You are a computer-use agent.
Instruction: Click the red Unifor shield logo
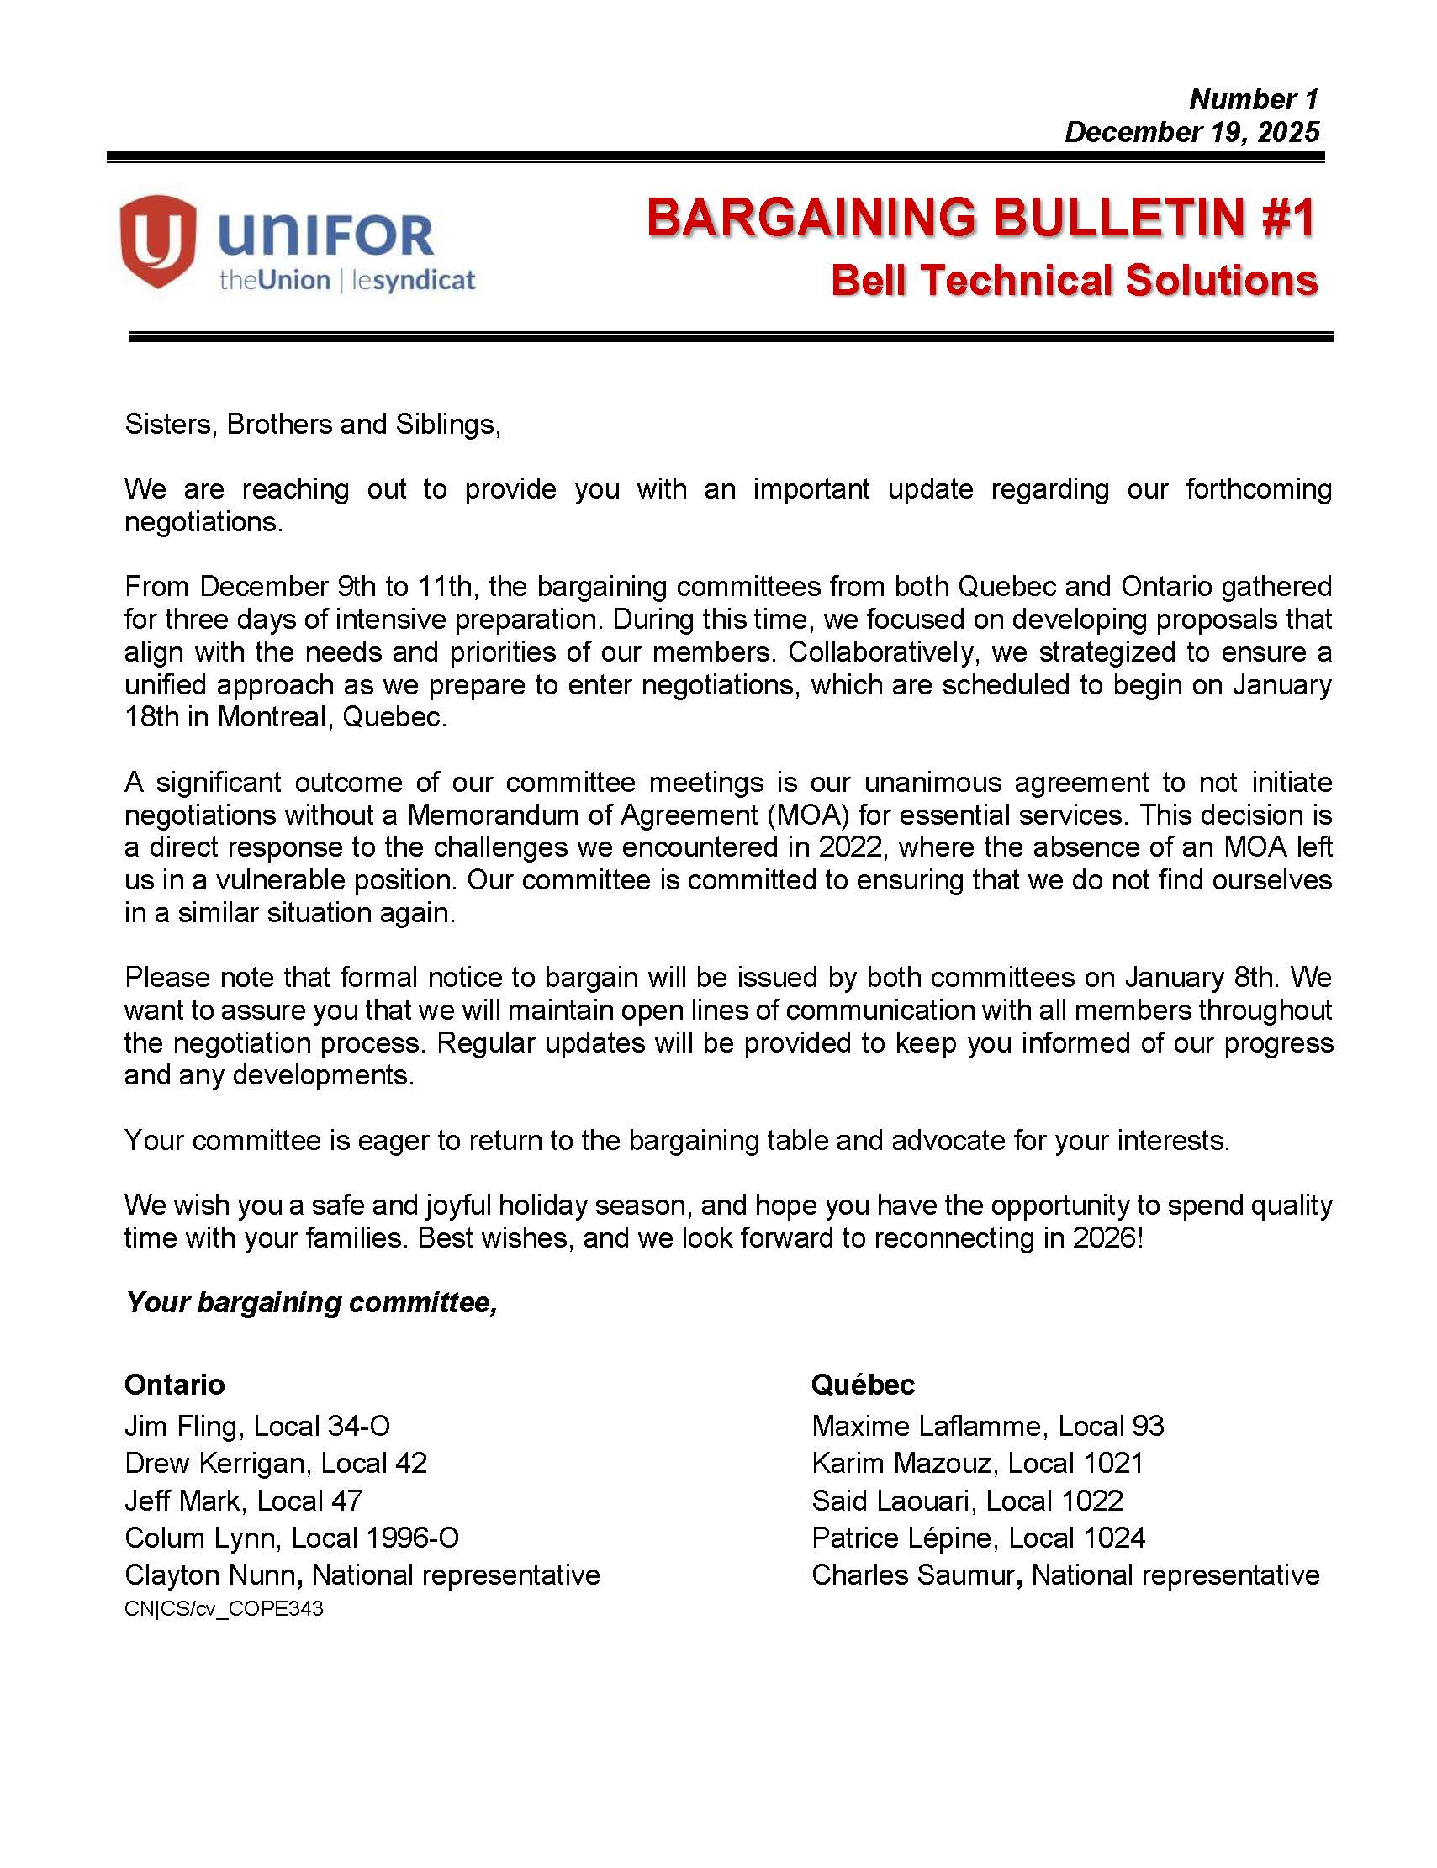click(158, 240)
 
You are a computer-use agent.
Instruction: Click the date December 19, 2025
click(1191, 132)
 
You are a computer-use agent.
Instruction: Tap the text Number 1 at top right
click(1253, 99)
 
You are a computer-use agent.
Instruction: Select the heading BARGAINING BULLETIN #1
click(980, 217)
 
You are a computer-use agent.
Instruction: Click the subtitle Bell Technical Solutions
click(1074, 281)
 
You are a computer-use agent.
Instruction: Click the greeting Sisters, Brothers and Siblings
click(312, 425)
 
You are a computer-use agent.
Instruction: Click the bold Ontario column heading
click(175, 1384)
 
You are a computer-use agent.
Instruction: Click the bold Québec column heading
click(862, 1384)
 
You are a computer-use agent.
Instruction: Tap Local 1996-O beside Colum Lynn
click(375, 1538)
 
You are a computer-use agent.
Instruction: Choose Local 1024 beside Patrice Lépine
click(1076, 1538)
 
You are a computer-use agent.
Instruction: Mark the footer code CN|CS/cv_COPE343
click(225, 1609)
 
